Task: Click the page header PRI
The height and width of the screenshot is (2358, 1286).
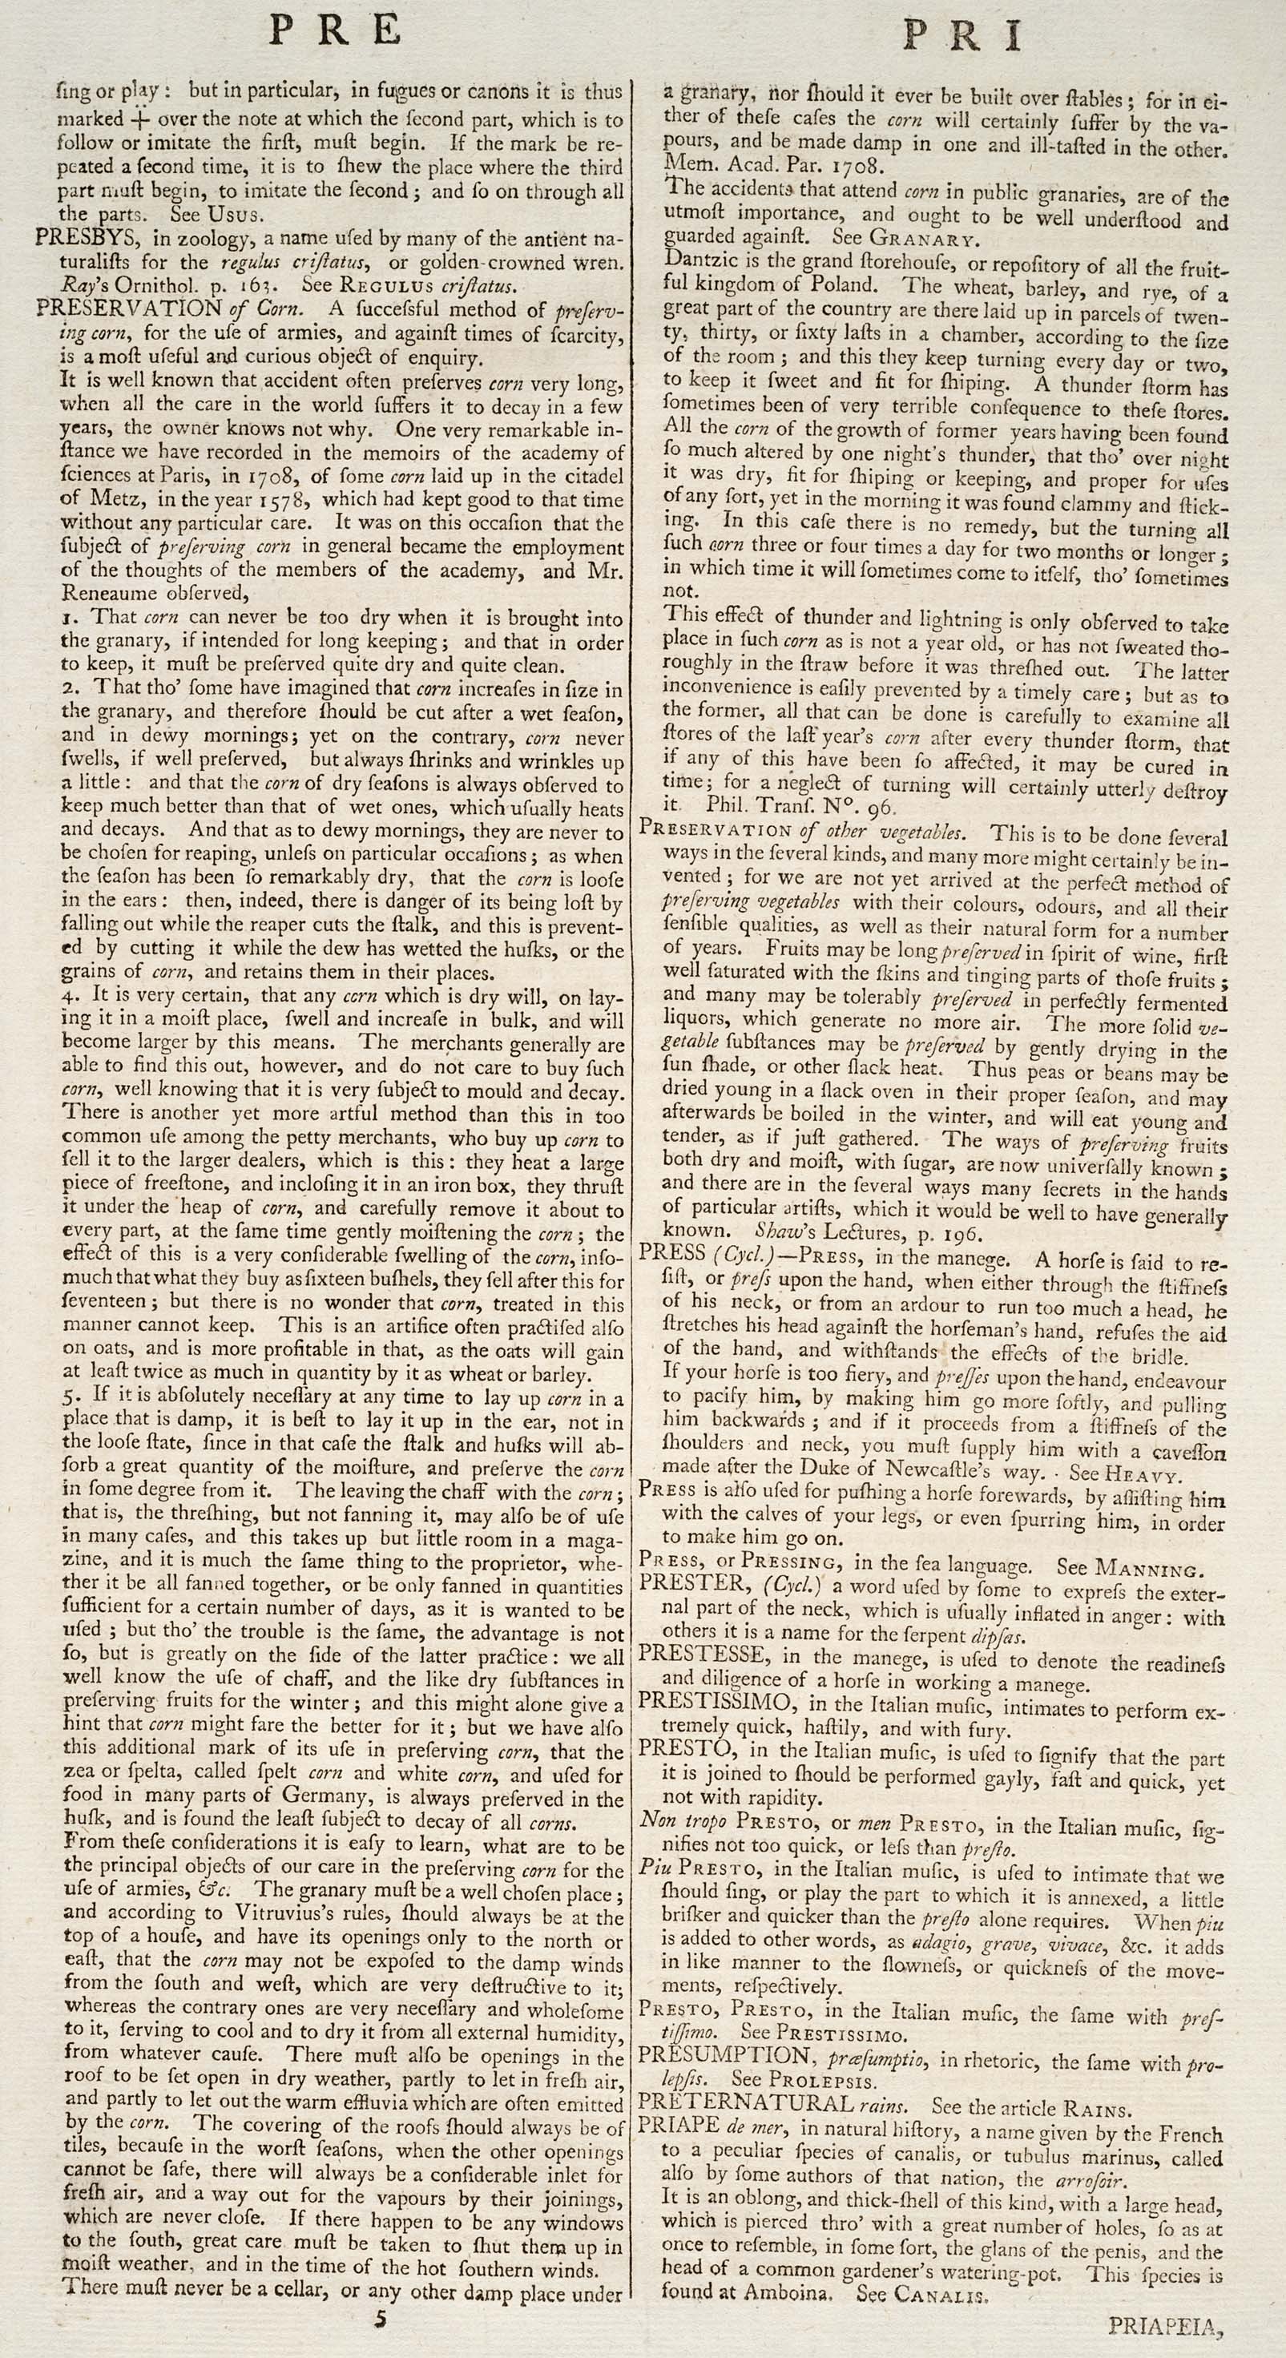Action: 961,37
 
